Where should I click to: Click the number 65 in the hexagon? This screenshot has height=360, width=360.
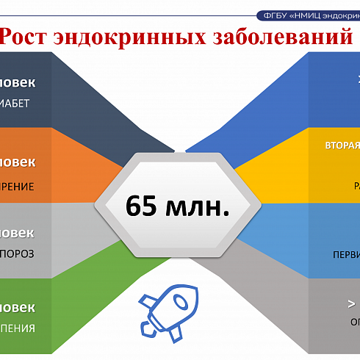143,206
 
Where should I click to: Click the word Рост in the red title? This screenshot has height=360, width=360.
30,37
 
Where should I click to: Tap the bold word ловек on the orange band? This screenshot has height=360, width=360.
18,162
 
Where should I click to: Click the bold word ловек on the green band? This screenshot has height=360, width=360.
18,306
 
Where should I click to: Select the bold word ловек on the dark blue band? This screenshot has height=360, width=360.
18,82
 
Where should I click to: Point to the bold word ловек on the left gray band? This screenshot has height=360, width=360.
18,233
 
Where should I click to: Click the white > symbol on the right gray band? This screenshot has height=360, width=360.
351,302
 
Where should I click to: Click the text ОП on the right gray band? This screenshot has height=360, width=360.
353,322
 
